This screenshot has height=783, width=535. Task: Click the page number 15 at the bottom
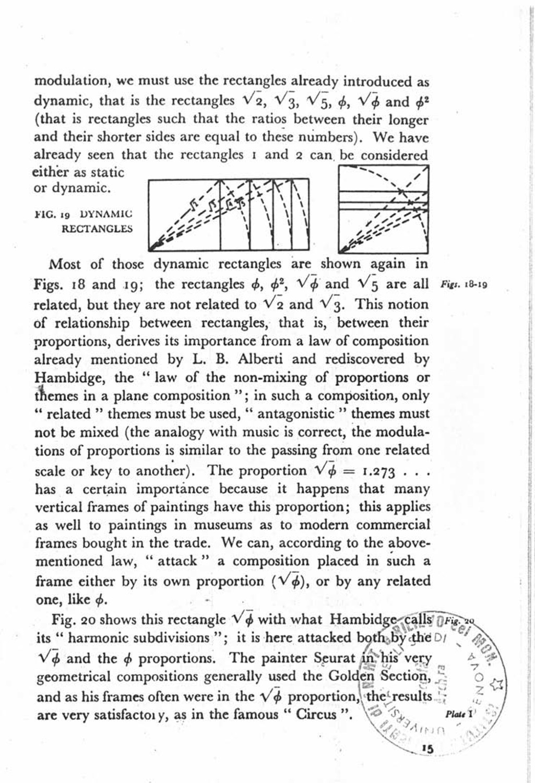[428, 749]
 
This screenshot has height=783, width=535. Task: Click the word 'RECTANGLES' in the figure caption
[97, 229]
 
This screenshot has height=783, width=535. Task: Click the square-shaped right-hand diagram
[384, 208]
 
